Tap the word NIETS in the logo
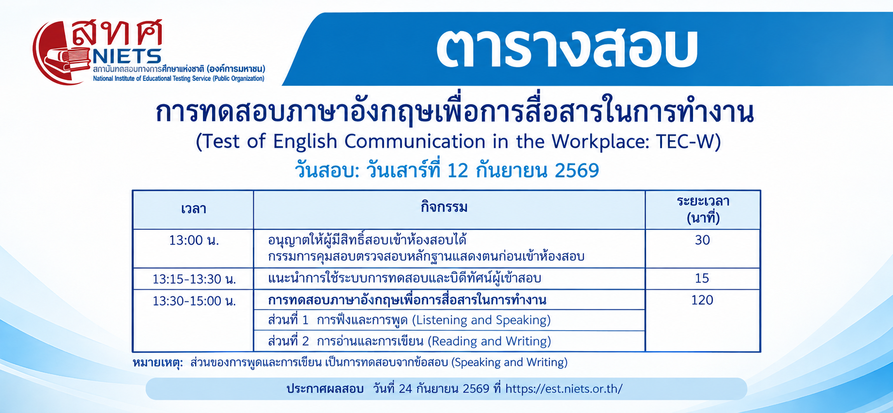[x=127, y=57]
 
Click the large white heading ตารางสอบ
[x=567, y=48]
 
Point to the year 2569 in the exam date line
[x=577, y=170]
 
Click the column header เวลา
[x=194, y=209]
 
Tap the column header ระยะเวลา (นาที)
[x=703, y=209]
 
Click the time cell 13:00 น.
[x=194, y=240]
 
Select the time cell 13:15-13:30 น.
[x=194, y=279]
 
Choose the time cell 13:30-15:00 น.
[x=194, y=301]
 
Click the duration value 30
[x=702, y=240]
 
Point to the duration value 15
[x=702, y=278]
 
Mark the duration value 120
[x=702, y=300]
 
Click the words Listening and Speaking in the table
[x=481, y=320]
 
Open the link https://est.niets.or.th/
[x=564, y=389]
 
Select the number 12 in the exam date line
[x=458, y=170]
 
